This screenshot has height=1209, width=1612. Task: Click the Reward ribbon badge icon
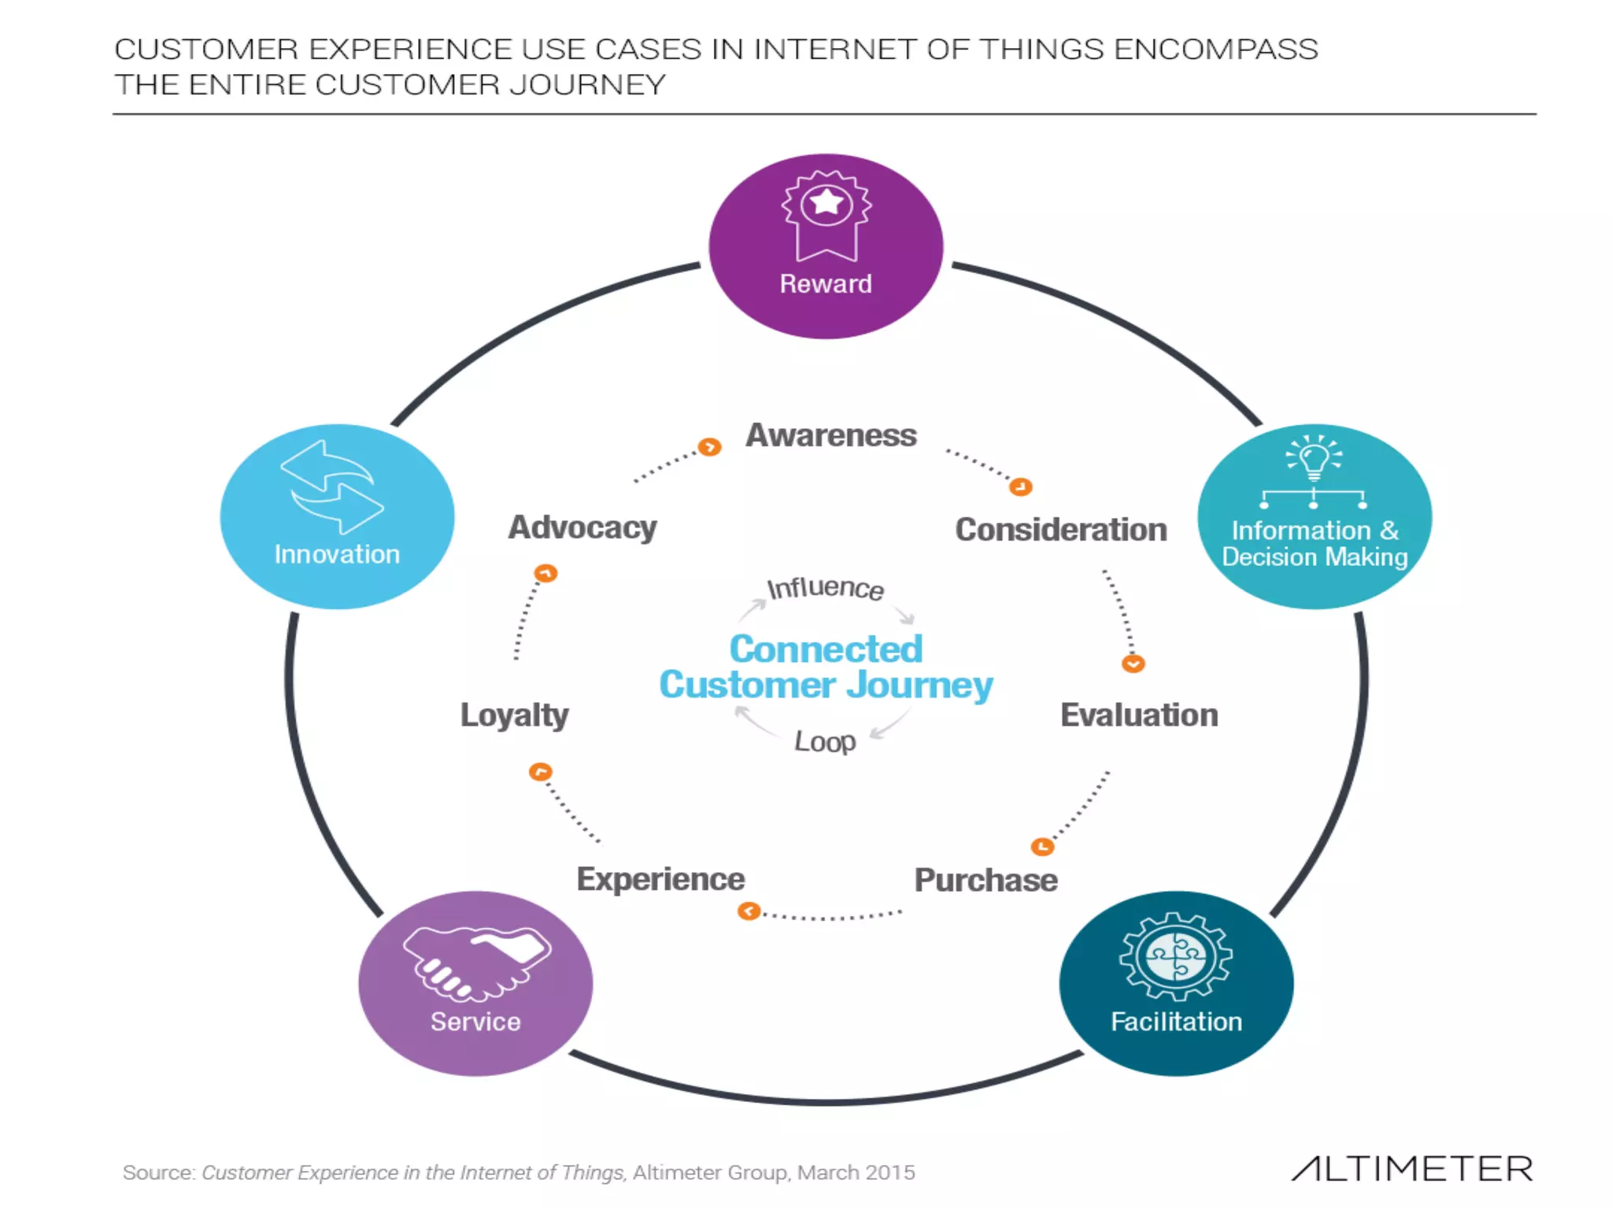(x=826, y=214)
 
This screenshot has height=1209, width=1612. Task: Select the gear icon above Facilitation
(x=1176, y=956)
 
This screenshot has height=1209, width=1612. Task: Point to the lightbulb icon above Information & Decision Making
(x=1314, y=457)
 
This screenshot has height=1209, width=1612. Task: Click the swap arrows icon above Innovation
(x=332, y=486)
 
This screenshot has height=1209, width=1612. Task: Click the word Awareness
(x=831, y=435)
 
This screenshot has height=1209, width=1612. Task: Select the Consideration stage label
(x=1060, y=530)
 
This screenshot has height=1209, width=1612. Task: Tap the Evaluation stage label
(x=1139, y=715)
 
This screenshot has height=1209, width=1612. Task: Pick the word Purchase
(x=985, y=880)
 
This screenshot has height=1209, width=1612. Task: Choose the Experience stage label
(x=660, y=879)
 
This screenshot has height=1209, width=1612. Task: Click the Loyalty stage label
(x=514, y=715)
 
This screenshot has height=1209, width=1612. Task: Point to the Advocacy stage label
(x=582, y=527)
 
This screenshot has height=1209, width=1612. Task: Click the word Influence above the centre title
(x=826, y=588)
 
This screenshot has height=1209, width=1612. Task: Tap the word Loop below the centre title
(x=825, y=741)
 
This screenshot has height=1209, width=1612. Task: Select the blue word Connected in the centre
(x=826, y=649)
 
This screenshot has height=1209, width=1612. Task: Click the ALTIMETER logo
(x=1412, y=1169)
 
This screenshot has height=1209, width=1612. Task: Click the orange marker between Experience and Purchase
(x=749, y=911)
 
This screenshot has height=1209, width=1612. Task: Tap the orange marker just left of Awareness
(x=709, y=447)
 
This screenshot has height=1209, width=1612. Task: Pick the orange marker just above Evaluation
(x=1133, y=664)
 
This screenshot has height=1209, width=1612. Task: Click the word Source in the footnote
(x=157, y=1173)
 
